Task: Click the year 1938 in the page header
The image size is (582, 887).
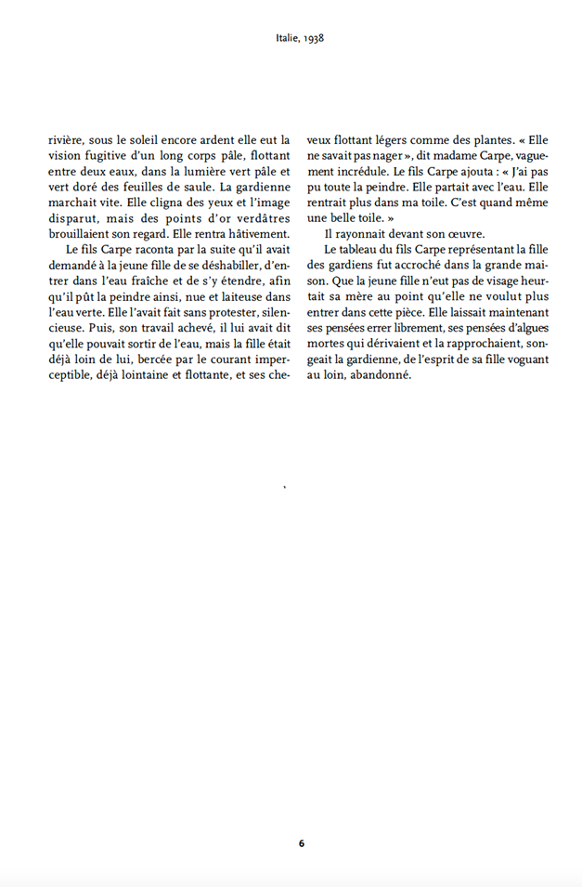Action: pyautogui.click(x=312, y=39)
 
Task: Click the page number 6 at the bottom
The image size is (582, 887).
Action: pyautogui.click(x=302, y=843)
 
